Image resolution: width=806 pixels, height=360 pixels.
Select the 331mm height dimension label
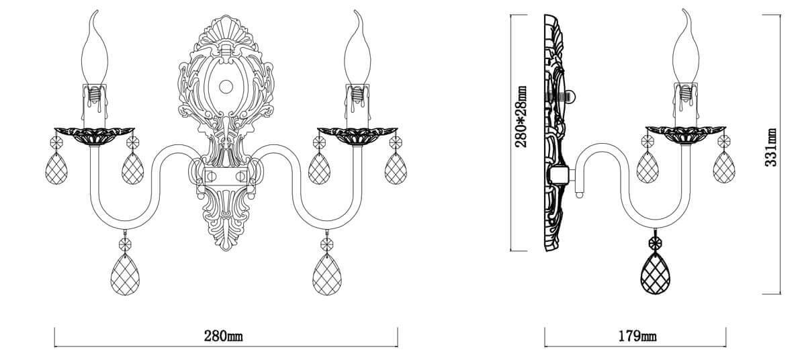(x=772, y=146)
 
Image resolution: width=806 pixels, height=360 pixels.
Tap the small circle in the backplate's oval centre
(x=226, y=87)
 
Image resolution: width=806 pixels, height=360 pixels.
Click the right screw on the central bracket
(x=242, y=176)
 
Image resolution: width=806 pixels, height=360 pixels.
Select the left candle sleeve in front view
(x=97, y=104)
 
